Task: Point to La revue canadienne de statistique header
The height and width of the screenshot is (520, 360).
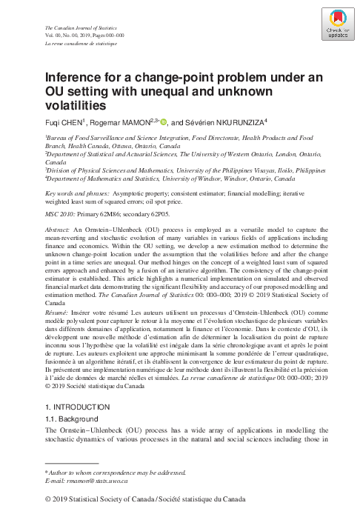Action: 81,45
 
